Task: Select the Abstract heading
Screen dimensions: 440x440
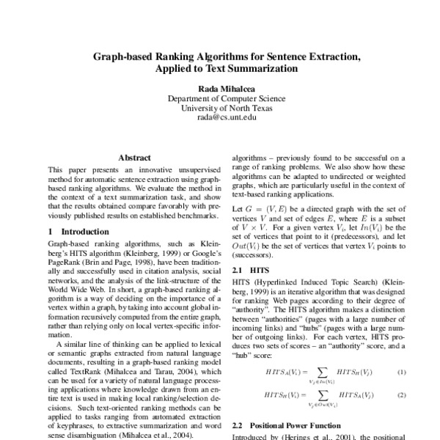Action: [134, 158]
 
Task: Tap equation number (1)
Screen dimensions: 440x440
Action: [401, 373]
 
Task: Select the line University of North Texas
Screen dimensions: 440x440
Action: [219, 108]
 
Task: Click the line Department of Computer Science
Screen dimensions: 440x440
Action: [219, 98]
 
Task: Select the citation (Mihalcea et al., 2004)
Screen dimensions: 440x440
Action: [159, 435]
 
